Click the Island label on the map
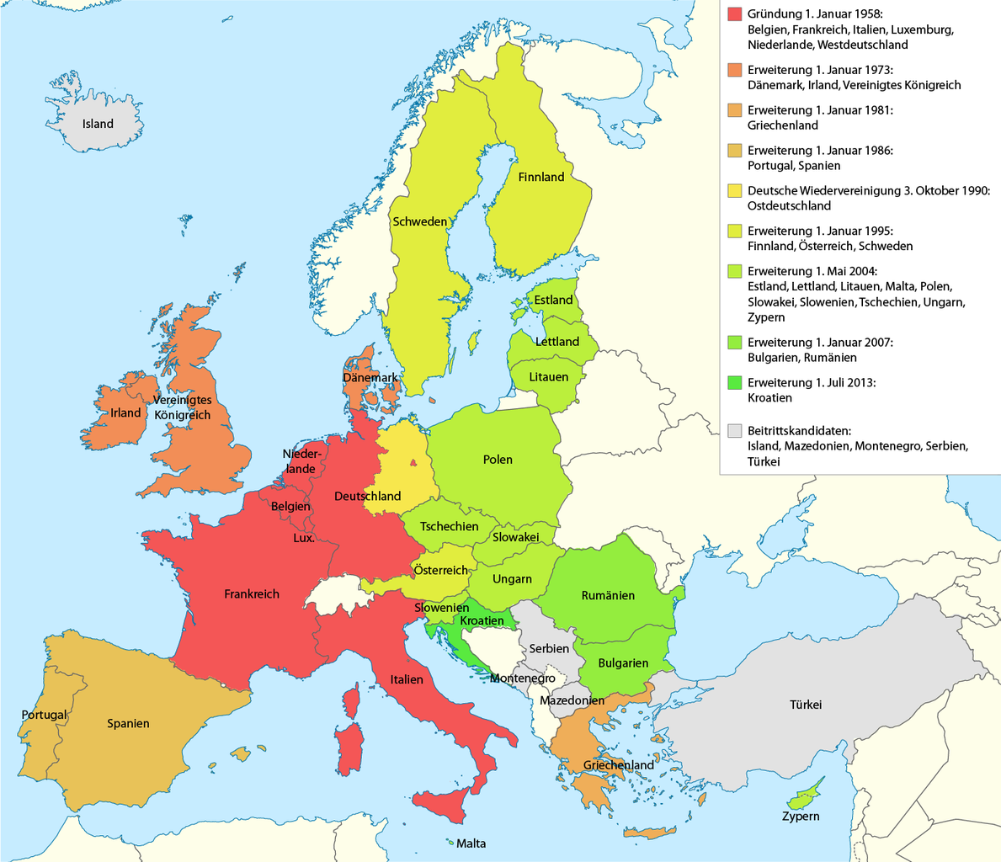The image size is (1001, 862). pyautogui.click(x=98, y=124)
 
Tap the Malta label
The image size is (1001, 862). pyautogui.click(x=471, y=843)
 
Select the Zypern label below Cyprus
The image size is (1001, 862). pyautogui.click(x=800, y=816)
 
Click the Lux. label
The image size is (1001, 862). pyautogui.click(x=304, y=537)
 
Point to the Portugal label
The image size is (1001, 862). pyautogui.click(x=44, y=715)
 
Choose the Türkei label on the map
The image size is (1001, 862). pyautogui.click(x=805, y=705)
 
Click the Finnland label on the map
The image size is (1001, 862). pyautogui.click(x=541, y=177)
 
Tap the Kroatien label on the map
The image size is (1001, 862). pyautogui.click(x=482, y=621)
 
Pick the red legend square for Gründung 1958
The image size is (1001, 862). pyautogui.click(x=735, y=14)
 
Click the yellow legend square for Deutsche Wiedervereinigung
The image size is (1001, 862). pyautogui.click(x=735, y=190)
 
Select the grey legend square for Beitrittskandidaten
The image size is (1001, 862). pyautogui.click(x=735, y=430)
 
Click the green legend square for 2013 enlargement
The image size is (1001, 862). pyautogui.click(x=735, y=383)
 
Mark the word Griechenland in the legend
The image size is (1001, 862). pyautogui.click(x=782, y=125)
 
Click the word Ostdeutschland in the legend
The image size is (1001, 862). pyautogui.click(x=789, y=205)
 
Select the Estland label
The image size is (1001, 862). pyautogui.click(x=553, y=300)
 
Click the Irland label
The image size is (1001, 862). pyautogui.click(x=126, y=412)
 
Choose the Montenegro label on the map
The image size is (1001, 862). pyautogui.click(x=522, y=678)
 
